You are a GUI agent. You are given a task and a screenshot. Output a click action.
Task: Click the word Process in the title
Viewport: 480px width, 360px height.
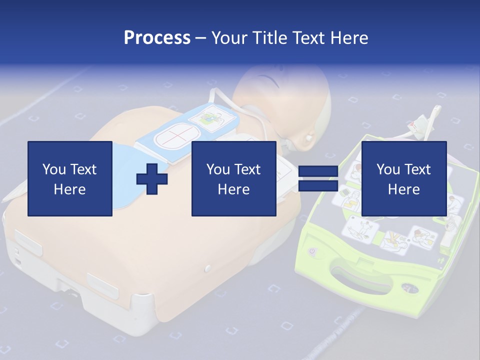pos(157,38)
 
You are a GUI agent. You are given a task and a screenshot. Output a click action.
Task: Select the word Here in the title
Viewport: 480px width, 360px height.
pos(348,38)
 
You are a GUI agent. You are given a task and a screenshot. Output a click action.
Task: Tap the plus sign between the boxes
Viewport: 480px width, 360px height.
pos(151,178)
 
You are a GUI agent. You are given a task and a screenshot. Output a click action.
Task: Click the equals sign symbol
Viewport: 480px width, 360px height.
pos(318,179)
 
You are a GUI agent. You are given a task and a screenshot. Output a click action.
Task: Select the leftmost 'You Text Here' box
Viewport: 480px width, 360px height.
pos(70,178)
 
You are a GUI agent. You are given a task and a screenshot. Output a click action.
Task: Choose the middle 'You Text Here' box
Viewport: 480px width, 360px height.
pos(233,178)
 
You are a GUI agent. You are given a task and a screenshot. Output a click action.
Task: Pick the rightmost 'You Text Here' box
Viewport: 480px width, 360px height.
pos(403,178)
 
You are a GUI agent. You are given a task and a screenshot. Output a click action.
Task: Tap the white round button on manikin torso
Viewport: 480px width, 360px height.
pos(208,269)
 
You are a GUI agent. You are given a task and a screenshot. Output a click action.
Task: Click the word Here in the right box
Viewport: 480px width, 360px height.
pos(403,189)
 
